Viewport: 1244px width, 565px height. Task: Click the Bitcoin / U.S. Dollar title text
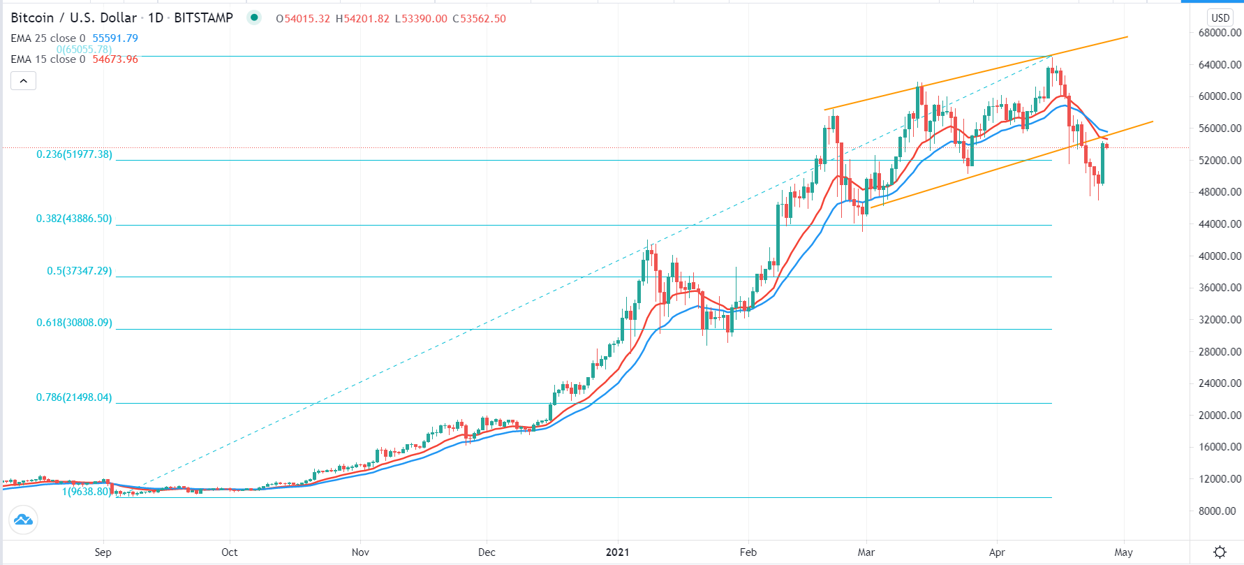click(73, 18)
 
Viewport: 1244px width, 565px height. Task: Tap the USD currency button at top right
click(1220, 17)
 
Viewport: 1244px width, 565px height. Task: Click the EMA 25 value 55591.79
click(115, 38)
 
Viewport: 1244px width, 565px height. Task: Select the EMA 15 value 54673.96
click(115, 59)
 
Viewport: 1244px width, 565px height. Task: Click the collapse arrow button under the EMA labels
click(23, 81)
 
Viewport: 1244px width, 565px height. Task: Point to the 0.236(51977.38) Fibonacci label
click(74, 154)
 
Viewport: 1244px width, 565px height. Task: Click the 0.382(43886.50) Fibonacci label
click(74, 219)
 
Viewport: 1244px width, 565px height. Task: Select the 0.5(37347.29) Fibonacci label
click(79, 271)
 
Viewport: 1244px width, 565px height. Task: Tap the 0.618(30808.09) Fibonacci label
click(74, 323)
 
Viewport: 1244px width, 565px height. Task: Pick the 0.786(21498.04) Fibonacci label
click(74, 397)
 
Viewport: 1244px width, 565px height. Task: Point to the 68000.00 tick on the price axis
click(1220, 33)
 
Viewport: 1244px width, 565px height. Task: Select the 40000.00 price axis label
click(1220, 256)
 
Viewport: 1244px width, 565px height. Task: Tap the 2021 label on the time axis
click(617, 552)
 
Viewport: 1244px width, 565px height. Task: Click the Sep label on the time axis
click(103, 552)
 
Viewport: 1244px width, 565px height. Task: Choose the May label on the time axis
click(1123, 552)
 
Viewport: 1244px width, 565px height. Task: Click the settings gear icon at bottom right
click(1220, 552)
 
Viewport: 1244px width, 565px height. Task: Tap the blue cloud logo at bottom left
click(23, 520)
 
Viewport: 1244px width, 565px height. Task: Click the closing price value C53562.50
click(479, 19)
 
